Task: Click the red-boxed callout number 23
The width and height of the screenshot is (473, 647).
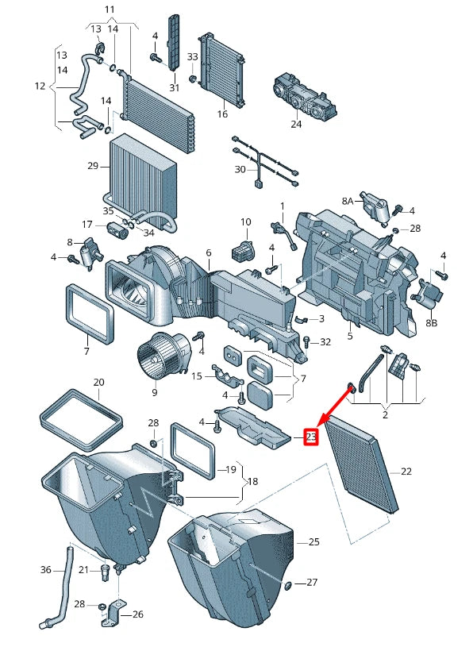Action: [x=312, y=437]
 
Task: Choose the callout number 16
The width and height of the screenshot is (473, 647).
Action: [x=222, y=114]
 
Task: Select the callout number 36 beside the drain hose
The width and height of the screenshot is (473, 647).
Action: [x=46, y=570]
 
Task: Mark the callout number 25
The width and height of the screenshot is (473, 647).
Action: [x=314, y=541]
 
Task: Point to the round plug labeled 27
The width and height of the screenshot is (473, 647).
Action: [x=287, y=586]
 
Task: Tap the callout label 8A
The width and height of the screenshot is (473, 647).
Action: [x=348, y=202]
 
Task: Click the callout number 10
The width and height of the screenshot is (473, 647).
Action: [x=245, y=222]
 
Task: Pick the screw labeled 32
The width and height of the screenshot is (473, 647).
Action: [x=306, y=342]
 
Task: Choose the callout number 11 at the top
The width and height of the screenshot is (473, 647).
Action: [x=110, y=9]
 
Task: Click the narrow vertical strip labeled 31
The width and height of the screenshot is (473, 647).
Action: [x=174, y=40]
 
